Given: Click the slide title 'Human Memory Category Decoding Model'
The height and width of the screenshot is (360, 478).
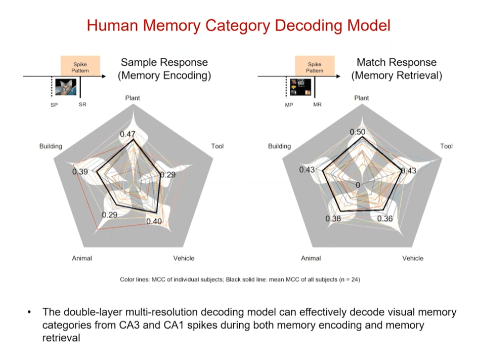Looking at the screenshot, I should click(x=239, y=26).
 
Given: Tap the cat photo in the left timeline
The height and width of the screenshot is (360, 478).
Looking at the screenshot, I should click(x=66, y=87).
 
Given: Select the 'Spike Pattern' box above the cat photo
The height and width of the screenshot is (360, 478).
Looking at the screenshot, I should click(x=80, y=68).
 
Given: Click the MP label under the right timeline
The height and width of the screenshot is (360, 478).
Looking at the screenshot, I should click(x=290, y=105).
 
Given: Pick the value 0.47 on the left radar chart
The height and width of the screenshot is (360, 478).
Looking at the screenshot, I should click(x=127, y=134).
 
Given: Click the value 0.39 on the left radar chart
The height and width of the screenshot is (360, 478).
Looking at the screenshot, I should click(x=80, y=172).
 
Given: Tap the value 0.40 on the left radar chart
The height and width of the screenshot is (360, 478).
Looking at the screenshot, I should click(x=154, y=221).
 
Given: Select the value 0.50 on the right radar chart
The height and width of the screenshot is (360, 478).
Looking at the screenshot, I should click(x=357, y=132).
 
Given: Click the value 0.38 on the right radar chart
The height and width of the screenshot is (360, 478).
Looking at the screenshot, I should click(x=333, y=219).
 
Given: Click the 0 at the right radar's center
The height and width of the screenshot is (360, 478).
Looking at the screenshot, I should click(x=358, y=185).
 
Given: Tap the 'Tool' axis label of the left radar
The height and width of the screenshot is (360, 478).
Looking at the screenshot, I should click(x=217, y=146).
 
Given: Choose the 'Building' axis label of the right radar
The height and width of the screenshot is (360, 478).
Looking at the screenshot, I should click(x=279, y=146).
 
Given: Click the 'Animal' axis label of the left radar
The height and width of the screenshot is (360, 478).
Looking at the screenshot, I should click(x=82, y=258).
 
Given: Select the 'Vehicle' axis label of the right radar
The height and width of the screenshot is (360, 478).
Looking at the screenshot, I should click(x=413, y=258).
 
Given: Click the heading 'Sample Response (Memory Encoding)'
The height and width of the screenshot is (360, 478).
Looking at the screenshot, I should click(x=164, y=69).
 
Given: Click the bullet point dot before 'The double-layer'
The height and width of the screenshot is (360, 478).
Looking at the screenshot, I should click(x=31, y=312).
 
